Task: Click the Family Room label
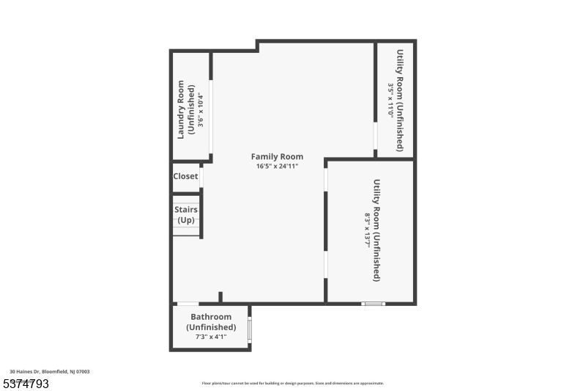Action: pyautogui.click(x=277, y=156)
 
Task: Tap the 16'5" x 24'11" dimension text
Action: pyautogui.click(x=277, y=167)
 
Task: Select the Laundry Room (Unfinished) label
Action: pyautogui.click(x=185, y=110)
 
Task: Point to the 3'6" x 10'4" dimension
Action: pyautogui.click(x=199, y=110)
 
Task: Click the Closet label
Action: pyautogui.click(x=185, y=176)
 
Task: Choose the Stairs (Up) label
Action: pyautogui.click(x=185, y=214)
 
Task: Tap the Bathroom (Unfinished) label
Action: pyautogui.click(x=211, y=322)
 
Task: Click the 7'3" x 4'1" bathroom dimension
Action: pyautogui.click(x=211, y=337)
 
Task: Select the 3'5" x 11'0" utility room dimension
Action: pyautogui.click(x=390, y=101)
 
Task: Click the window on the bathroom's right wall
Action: pyautogui.click(x=250, y=330)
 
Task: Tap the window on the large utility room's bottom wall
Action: pyautogui.click(x=374, y=303)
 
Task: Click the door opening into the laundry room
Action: pyautogui.click(x=212, y=117)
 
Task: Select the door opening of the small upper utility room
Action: pyautogui.click(x=376, y=136)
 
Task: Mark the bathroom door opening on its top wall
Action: pyautogui.click(x=188, y=303)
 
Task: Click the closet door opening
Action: pyautogui.click(x=201, y=177)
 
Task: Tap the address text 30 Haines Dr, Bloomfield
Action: pyautogui.click(x=50, y=371)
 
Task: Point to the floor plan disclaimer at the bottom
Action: pyautogui.click(x=292, y=383)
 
